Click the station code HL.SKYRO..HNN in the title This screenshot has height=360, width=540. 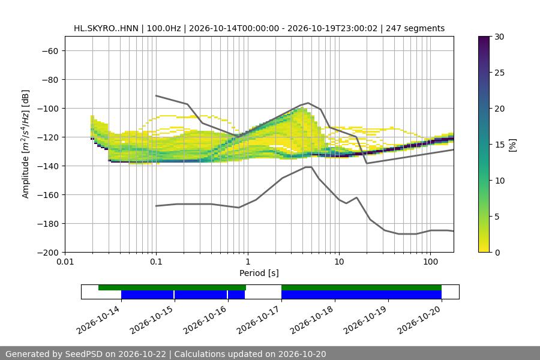click(x=106, y=28)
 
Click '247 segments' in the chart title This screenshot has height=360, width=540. click(x=415, y=28)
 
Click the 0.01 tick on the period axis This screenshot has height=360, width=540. click(x=65, y=262)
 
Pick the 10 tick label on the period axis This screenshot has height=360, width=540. click(x=339, y=262)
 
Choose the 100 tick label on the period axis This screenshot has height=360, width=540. click(x=430, y=262)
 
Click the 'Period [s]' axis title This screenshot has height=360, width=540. click(x=259, y=273)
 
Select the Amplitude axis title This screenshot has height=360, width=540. click(x=26, y=144)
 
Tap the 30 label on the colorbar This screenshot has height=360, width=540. click(x=499, y=37)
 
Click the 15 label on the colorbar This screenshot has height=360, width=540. click(x=499, y=145)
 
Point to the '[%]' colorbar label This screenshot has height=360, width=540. click(x=513, y=145)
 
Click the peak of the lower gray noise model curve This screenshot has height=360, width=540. click(x=308, y=167)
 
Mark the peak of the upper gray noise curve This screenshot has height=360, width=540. click(x=308, y=103)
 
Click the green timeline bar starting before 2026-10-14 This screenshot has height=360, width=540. click(x=172, y=287)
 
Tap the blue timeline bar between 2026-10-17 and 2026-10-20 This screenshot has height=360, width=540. click(x=362, y=295)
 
